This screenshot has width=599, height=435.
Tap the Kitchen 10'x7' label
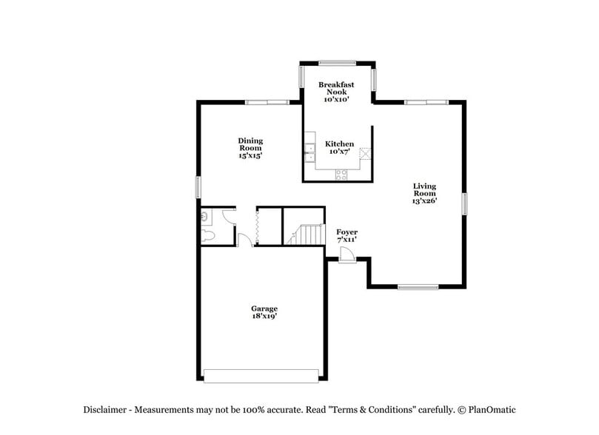[339, 147]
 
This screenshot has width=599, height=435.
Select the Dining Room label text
[250, 148]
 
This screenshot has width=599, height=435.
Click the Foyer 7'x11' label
[347, 236]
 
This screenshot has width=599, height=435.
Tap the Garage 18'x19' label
[264, 311]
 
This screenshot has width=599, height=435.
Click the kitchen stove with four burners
[341, 174]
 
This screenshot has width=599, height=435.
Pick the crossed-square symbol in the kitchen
[364, 153]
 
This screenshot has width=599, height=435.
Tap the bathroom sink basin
[204, 217]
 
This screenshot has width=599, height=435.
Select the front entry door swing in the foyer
[347, 254]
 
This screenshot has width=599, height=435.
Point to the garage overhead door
[263, 376]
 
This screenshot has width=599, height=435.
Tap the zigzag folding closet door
[255, 226]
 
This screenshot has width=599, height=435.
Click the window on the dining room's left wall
[198, 186]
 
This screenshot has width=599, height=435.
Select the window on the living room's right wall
[465, 203]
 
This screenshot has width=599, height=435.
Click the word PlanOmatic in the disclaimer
[489, 410]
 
